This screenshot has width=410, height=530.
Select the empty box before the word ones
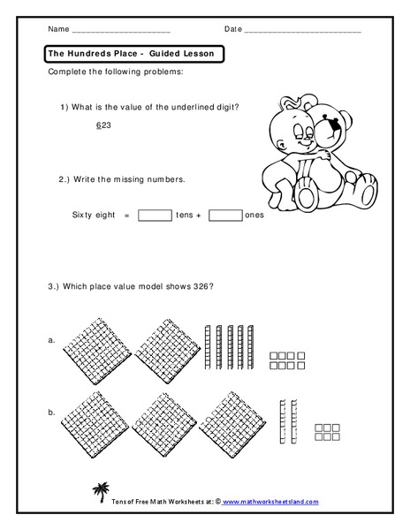pyautogui.click(x=225, y=215)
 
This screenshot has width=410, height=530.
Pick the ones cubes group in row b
pyautogui.click(x=328, y=429)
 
